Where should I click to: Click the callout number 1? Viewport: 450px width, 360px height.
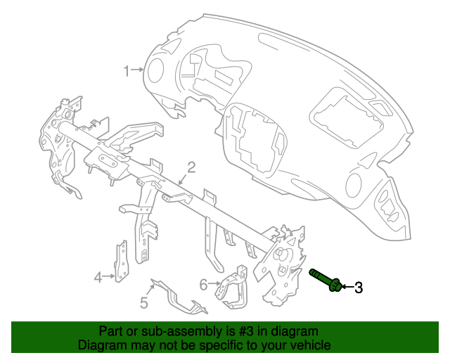pyautogui.click(x=128, y=70)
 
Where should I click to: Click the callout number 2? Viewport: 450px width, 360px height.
pyautogui.click(x=190, y=167)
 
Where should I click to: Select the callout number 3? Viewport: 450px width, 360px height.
pyautogui.click(x=358, y=287)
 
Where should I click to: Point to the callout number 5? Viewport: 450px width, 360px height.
pyautogui.click(x=143, y=303)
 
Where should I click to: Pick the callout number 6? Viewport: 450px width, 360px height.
pyautogui.click(x=203, y=285)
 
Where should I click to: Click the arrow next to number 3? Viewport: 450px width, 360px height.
pyautogui.click(x=347, y=287)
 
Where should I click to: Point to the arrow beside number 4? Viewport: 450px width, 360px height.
pyautogui.click(x=110, y=276)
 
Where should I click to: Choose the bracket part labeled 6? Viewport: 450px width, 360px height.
pyautogui.click(x=234, y=288)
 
